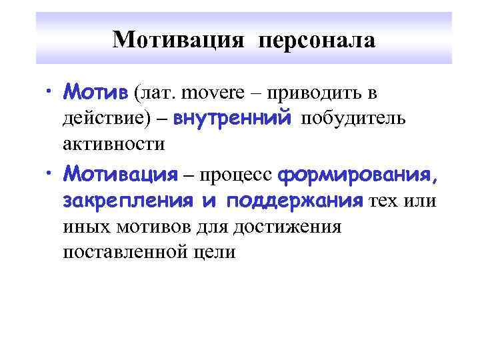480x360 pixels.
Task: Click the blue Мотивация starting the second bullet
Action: (x=121, y=175)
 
